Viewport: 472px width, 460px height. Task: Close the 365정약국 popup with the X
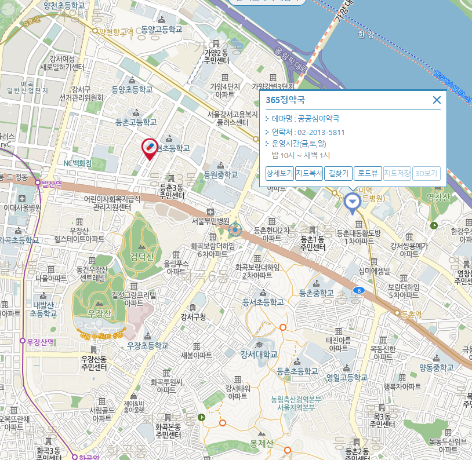point(437,100)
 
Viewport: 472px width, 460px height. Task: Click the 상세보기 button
point(279,173)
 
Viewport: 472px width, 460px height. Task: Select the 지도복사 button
point(309,173)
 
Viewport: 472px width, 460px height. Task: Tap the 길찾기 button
point(338,173)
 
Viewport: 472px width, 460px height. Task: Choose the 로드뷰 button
point(368,173)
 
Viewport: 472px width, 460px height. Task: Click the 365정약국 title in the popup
point(285,100)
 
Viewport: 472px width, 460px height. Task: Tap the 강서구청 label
point(193,317)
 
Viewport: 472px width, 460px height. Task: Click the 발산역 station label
point(52,183)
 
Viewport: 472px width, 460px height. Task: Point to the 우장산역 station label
point(40,342)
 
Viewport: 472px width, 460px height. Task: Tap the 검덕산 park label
point(143,257)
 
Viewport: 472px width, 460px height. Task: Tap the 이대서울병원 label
point(22,207)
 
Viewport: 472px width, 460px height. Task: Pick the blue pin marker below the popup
point(351,202)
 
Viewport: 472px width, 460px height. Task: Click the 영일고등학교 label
point(347,377)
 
